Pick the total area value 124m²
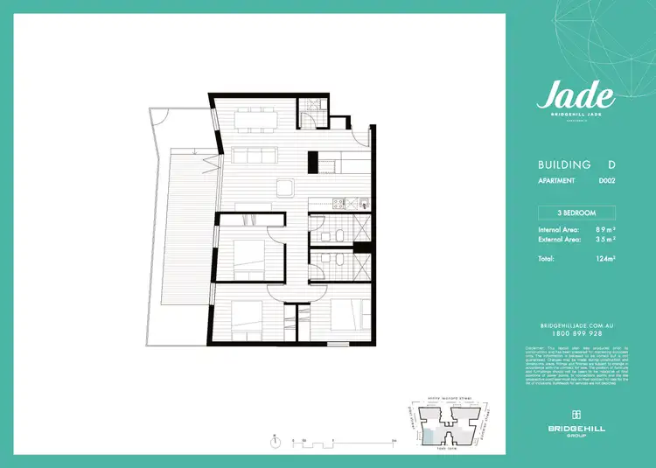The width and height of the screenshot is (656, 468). (x=604, y=259)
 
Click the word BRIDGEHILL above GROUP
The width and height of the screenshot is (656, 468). (x=576, y=427)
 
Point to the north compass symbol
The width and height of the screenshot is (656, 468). (x=276, y=440)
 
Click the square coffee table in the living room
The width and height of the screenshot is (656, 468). (x=285, y=185)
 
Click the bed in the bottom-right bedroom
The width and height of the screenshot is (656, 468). (x=351, y=317)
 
